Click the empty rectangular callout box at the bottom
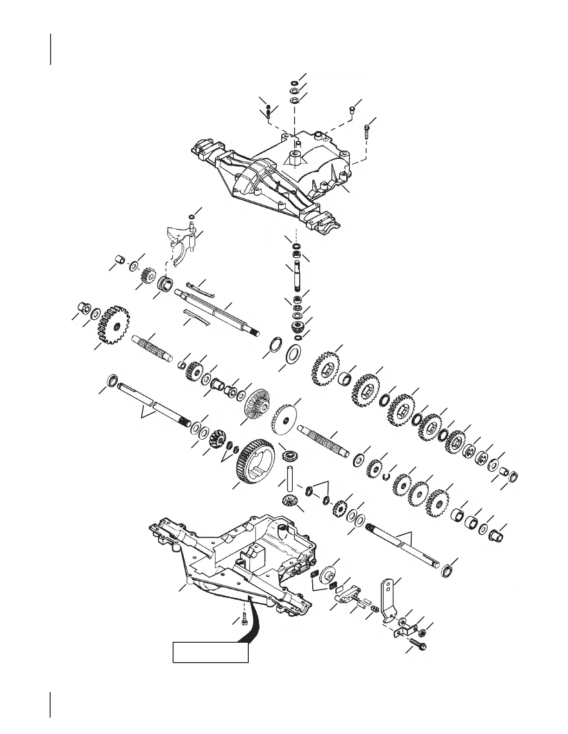pos(210,652)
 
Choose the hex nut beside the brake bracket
pos(423,632)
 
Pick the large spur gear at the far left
pos(113,324)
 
